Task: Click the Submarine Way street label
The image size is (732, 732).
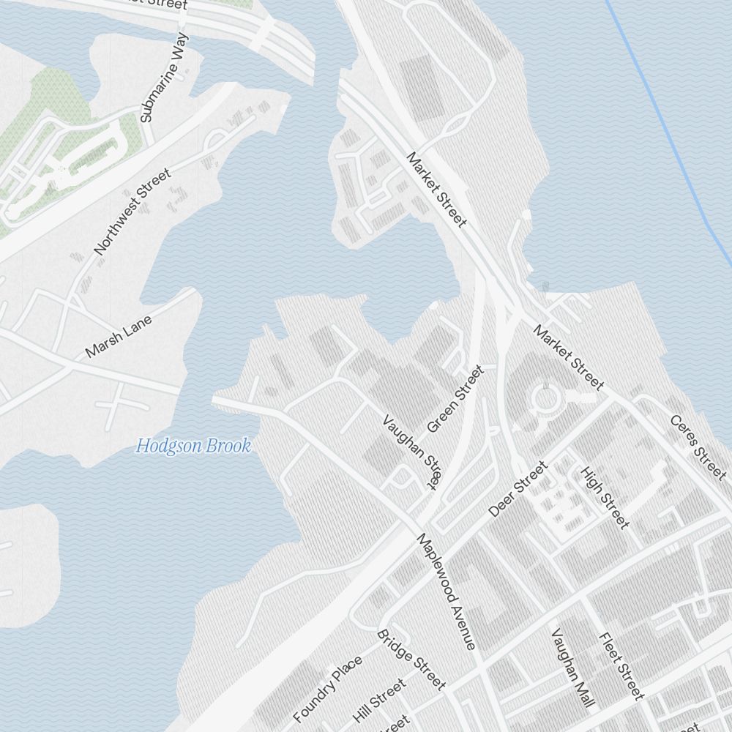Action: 164,77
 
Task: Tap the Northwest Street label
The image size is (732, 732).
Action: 132,212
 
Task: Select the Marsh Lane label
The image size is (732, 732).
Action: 119,337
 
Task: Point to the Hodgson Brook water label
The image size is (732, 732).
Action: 193,446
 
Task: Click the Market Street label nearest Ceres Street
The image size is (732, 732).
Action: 569,357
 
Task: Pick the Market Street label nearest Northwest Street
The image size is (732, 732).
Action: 436,190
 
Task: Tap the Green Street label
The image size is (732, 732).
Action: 455,399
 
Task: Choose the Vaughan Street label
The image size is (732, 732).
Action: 412,452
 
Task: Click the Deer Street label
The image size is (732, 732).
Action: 518,489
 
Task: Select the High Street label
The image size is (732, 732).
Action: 605,497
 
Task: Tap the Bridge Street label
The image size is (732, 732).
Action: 411,659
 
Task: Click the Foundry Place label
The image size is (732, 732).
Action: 327,689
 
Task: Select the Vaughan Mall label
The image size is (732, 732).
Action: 571,668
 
